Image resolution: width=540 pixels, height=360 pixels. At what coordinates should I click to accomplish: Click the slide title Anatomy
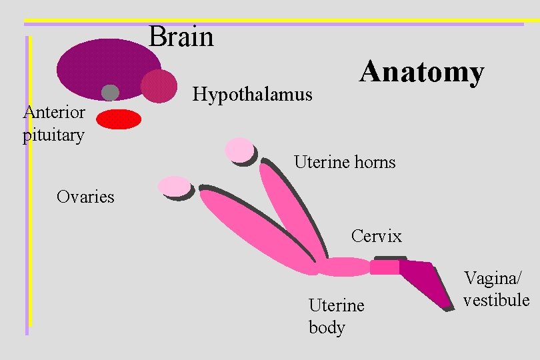point(421,72)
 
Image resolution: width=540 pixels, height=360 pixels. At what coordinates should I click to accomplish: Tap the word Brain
point(181,37)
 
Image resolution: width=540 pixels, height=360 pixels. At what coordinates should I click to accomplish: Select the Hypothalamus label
point(252,95)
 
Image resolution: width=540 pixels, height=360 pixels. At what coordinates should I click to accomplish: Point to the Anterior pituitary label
point(53,123)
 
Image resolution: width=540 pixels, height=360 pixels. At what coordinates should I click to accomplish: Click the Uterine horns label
point(345,162)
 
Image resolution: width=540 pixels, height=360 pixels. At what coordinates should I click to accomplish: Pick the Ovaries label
point(85,197)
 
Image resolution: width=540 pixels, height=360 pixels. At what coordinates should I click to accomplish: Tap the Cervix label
point(377,236)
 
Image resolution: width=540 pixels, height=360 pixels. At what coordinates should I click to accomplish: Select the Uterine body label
point(337,316)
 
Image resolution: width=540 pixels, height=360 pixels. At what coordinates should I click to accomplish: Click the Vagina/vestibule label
point(497,289)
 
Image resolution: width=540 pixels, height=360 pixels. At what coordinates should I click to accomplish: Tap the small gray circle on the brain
point(110,93)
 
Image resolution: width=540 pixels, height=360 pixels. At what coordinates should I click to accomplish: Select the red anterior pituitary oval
point(119,119)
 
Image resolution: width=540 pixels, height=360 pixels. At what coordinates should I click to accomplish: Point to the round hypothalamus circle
point(159,86)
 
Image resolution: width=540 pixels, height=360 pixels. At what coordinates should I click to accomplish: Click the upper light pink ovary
point(239,150)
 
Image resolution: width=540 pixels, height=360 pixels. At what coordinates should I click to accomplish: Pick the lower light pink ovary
point(174,187)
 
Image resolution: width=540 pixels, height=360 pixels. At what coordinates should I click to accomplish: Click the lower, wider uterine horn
point(257,230)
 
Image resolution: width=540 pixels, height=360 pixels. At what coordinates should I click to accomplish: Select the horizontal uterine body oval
point(343,267)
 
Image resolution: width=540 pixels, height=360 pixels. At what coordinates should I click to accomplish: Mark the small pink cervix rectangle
point(385,267)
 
